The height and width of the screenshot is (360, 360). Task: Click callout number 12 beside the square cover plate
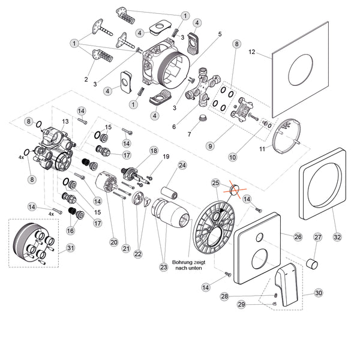[253, 53]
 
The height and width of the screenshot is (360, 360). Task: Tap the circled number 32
[337, 237]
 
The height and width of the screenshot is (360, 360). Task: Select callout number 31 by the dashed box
[71, 248]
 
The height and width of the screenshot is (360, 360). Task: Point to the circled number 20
[113, 242]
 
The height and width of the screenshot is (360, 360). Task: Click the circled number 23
[163, 268]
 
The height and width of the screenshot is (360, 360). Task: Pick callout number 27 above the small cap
[318, 238]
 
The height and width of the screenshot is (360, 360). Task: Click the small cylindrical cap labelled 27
[313, 264]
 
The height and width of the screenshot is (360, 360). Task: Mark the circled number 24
[182, 165]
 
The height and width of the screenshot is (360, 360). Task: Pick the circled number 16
[71, 230]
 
